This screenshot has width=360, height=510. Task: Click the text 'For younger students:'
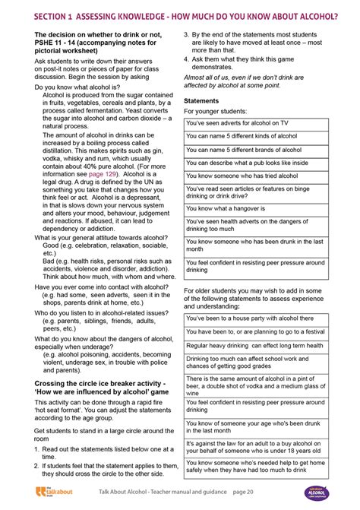click(x=216, y=112)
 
